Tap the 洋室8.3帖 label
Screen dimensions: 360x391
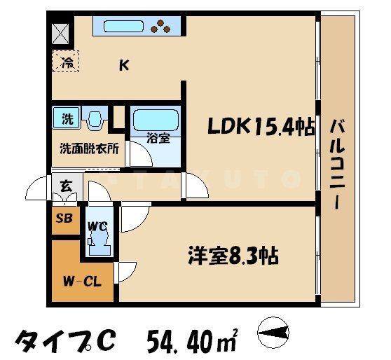point(232,256)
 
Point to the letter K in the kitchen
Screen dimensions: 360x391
point(124,67)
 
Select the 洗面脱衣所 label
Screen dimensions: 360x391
point(88,148)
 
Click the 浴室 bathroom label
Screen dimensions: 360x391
point(158,138)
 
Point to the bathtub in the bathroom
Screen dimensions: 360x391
point(156,120)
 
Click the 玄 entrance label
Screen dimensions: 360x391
point(65,186)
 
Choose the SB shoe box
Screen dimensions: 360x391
point(64,218)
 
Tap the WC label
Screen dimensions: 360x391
point(97,226)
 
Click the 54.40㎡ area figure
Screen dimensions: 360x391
point(193,340)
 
